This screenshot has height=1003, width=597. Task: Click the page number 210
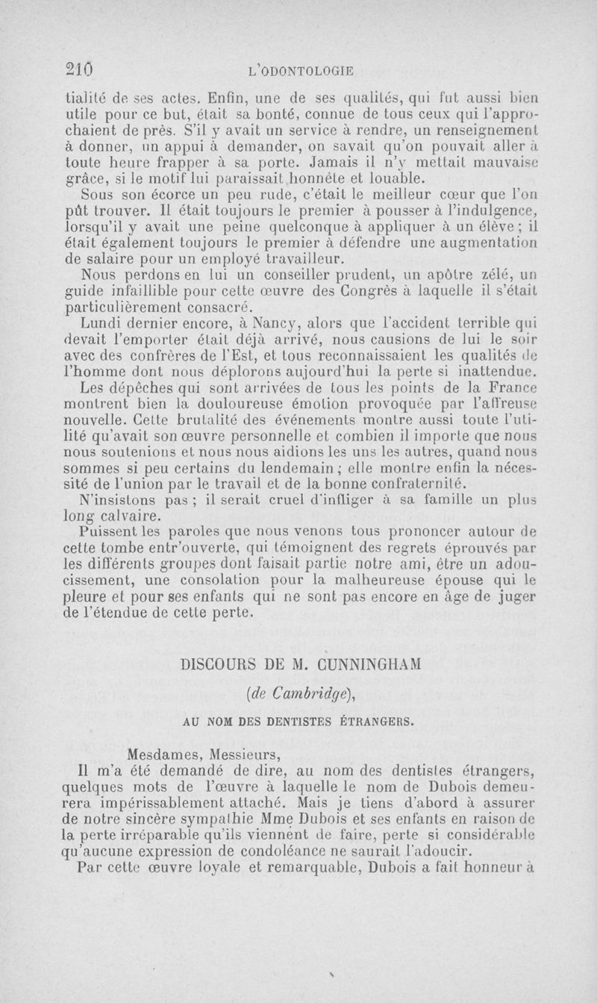point(77,69)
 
